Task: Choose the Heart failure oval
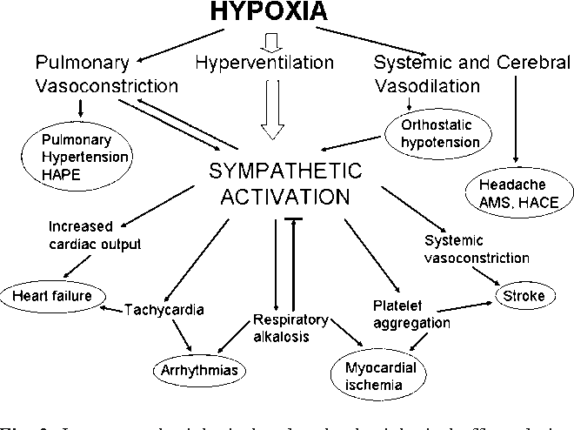tap(50, 294)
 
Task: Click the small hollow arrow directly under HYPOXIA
tap(270, 40)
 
